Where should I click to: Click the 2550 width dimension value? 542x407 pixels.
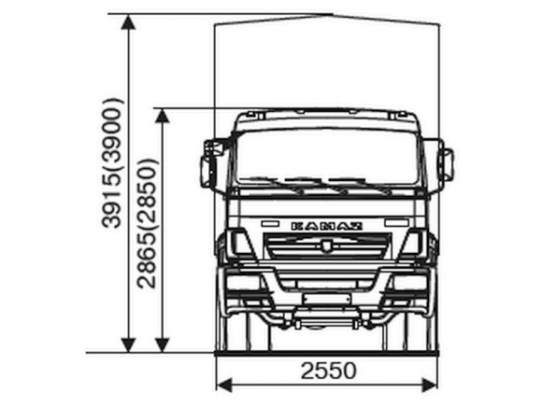pos(328,371)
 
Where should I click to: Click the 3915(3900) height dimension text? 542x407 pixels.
pos(112,163)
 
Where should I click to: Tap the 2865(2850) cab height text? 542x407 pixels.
pos(148,223)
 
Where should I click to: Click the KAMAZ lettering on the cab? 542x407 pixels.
pos(327,227)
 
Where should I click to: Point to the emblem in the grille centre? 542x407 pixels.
pos(327,245)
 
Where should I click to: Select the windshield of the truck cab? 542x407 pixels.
pos(327,158)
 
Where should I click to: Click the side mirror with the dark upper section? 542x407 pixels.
pos(210,163)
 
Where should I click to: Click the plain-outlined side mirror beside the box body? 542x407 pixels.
pos(446,164)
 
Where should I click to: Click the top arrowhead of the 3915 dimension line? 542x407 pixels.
pos(128,22)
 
